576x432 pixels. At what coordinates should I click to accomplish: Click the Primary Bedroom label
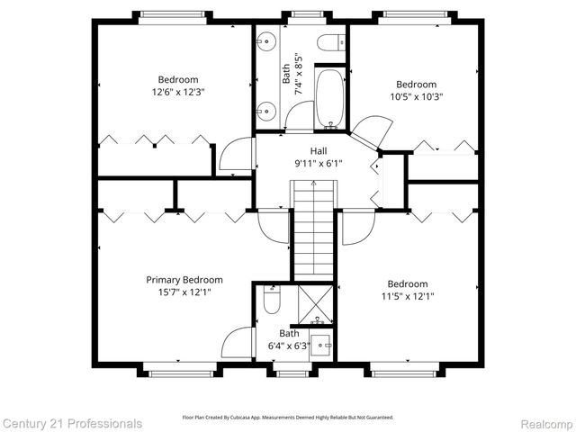click(184, 280)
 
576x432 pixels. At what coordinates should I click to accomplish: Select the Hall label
click(319, 151)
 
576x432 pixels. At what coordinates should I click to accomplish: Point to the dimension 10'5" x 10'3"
click(416, 96)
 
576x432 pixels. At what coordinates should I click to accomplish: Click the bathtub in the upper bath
click(329, 99)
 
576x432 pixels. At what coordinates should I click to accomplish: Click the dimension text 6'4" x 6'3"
click(289, 346)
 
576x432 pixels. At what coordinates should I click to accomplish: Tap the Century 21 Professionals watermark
click(72, 423)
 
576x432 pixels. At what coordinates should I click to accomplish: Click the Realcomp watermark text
click(542, 423)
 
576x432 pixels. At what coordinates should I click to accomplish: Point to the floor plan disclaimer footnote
click(288, 418)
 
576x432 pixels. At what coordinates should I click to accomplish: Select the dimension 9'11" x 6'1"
click(319, 164)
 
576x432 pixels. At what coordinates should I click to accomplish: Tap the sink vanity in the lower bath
click(324, 345)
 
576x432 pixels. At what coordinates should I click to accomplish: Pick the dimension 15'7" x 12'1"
click(184, 292)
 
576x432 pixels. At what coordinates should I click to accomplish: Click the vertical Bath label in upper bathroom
click(286, 73)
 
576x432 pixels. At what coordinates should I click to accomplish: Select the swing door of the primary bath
click(236, 342)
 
